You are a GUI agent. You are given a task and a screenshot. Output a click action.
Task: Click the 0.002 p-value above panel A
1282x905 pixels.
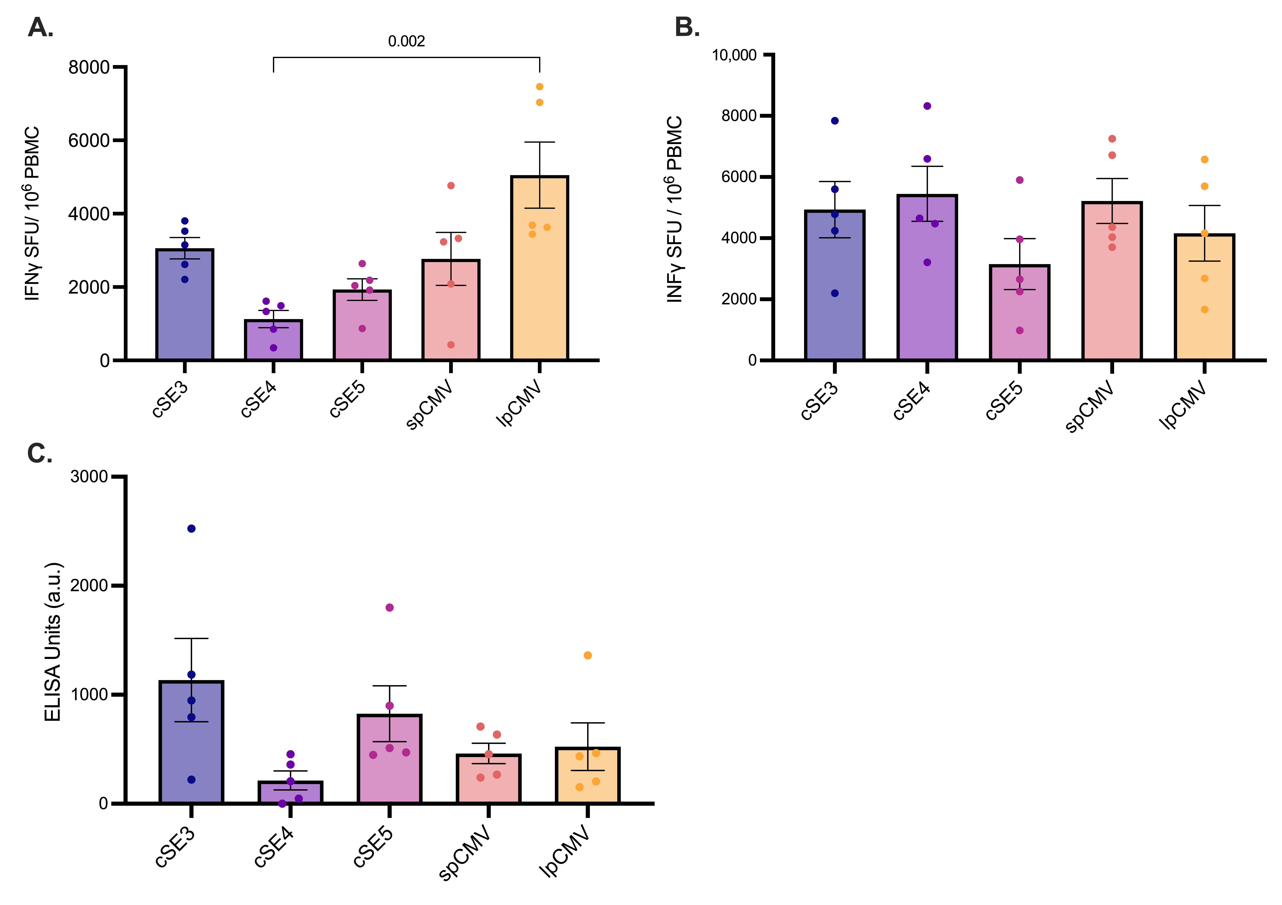[x=407, y=41]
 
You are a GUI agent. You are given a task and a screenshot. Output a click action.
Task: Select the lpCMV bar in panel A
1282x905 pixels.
[x=539, y=268]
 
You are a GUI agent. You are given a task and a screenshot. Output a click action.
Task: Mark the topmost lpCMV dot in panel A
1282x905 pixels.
[x=539, y=87]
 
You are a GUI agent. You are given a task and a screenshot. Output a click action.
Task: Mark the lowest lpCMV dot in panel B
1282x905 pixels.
[x=1204, y=309]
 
